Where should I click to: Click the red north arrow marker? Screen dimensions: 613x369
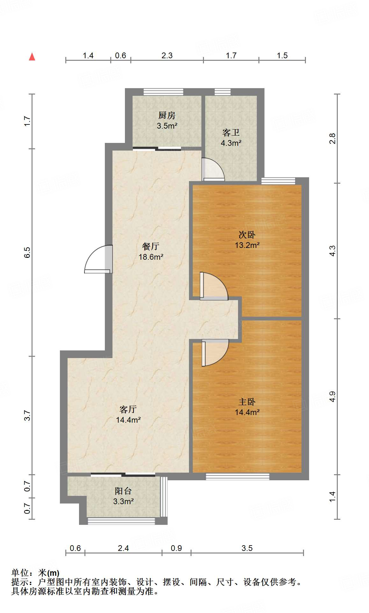[x=32, y=57]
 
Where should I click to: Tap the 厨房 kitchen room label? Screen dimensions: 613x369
[x=167, y=115]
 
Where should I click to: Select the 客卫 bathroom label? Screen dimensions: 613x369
[x=231, y=132]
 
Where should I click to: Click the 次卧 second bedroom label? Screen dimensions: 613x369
[x=247, y=235]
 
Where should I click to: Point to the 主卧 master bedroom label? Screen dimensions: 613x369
[x=247, y=402]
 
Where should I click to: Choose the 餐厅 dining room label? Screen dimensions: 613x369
[x=151, y=246]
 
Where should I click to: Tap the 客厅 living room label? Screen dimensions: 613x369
[x=128, y=409]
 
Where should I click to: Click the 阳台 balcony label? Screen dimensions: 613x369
[x=123, y=491]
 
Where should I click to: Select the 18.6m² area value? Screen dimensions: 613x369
[x=151, y=257]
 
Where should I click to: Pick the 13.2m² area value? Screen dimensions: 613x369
[x=247, y=245]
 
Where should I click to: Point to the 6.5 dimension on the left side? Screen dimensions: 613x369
[x=27, y=252]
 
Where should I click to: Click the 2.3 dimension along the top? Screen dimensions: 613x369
[x=167, y=56]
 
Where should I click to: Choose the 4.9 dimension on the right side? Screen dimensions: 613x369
[x=332, y=396]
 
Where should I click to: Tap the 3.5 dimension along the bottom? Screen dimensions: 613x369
[x=247, y=548]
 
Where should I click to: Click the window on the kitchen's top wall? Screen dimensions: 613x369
[x=163, y=92]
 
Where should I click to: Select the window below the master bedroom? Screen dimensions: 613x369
[x=237, y=476]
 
